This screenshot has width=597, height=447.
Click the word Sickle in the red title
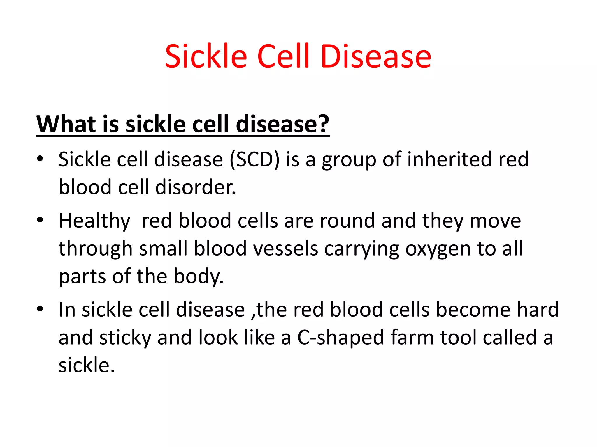pyautogui.click(x=206, y=57)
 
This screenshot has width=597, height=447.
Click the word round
pyautogui.click(x=347, y=221)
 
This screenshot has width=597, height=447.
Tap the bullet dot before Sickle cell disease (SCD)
pyautogui.click(x=40, y=159)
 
